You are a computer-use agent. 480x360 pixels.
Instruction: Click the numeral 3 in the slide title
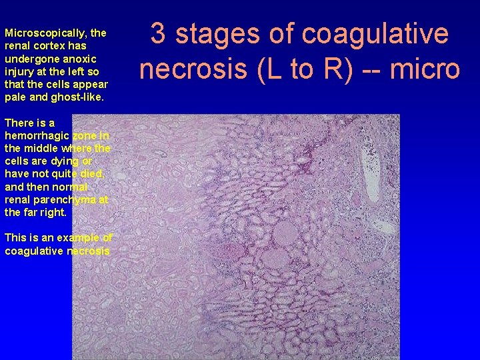point(158,33)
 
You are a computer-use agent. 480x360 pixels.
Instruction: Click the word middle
point(41,148)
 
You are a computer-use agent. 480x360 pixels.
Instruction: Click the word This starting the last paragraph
point(15,238)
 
